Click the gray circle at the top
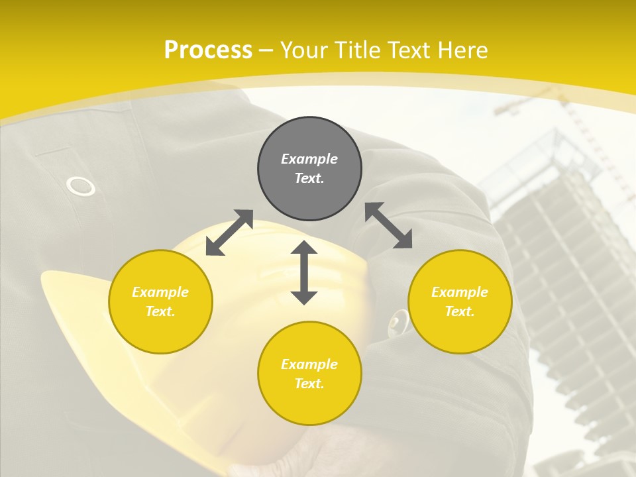309,168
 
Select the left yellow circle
160,301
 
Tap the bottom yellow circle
309,374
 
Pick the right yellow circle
460,301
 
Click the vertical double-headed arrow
304,272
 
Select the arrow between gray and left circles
229,233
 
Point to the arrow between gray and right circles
388,225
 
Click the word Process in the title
208,50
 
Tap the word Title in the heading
356,50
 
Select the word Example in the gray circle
309,159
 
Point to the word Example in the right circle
460,292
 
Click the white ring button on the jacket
81,186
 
